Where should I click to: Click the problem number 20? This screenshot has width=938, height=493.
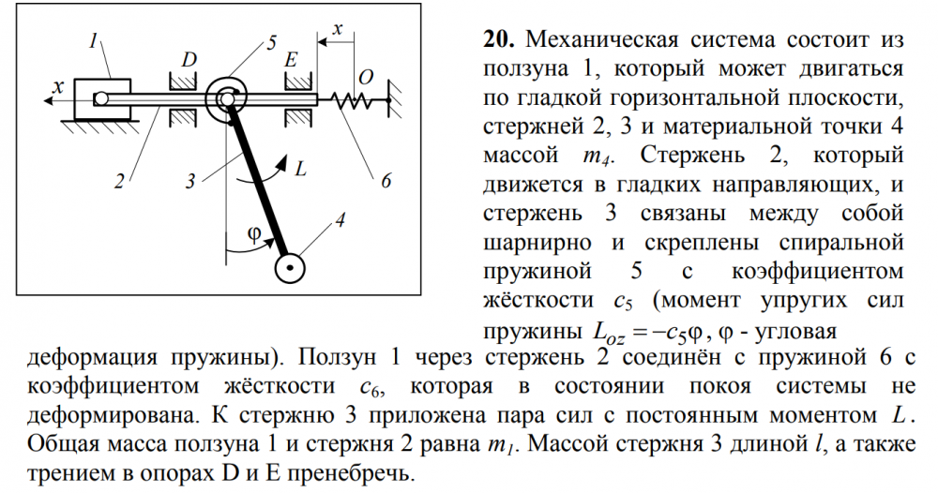coord(499,40)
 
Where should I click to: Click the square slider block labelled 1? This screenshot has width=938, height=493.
coord(101,98)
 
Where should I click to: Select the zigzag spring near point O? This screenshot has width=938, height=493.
coord(354,100)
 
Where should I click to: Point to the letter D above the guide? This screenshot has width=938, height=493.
coord(189,60)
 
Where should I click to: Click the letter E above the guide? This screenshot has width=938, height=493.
coord(292,60)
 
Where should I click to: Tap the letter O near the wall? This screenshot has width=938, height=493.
coord(366,78)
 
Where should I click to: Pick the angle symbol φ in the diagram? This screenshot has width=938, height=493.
coord(254,234)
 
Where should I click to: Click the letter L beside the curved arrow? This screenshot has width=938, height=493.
coord(300,169)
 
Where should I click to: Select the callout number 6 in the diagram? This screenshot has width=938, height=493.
coord(386,181)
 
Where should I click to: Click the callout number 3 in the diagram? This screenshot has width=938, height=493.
coord(190,181)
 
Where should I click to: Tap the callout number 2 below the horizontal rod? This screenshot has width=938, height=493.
coord(120,181)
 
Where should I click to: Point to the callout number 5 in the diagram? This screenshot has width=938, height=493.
coord(272,43)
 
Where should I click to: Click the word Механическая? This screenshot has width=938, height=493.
coord(602,40)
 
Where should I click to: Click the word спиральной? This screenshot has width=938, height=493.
coord(841,243)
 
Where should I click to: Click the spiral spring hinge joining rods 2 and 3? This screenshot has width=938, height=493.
coord(225,99)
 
